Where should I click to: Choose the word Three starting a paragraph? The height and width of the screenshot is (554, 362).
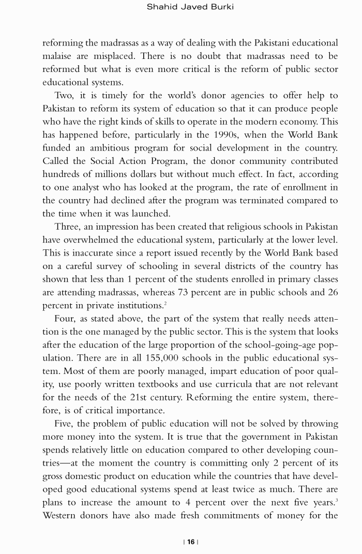[68, 227]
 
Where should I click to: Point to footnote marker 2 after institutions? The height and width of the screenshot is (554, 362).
[165, 303]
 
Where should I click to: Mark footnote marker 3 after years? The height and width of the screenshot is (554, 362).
[337, 500]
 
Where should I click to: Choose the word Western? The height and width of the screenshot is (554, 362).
[61, 516]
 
